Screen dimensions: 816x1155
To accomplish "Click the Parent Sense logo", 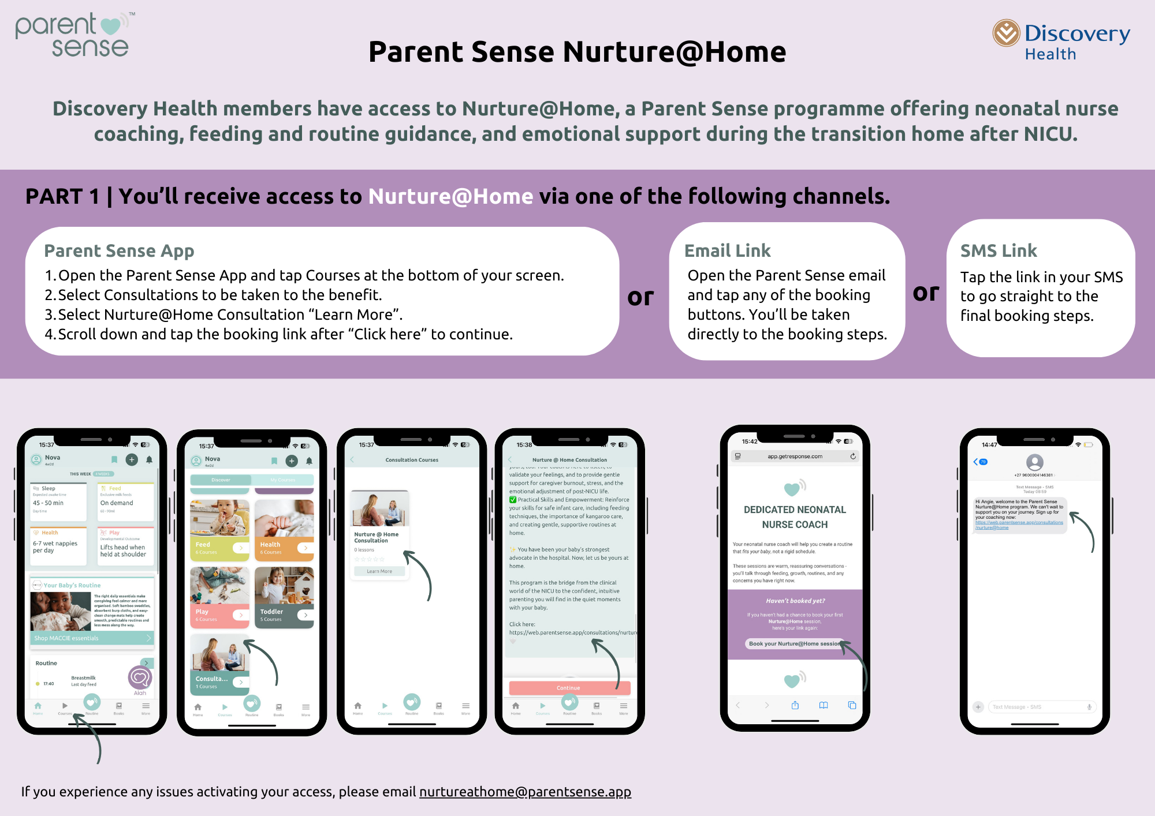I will [74, 35].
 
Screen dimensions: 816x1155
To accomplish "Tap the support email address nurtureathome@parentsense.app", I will [525, 792].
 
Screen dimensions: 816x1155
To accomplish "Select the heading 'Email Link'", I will [727, 250].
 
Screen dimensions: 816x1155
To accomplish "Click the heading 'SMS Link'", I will [998, 250].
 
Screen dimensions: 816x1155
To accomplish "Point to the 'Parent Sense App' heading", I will [119, 250].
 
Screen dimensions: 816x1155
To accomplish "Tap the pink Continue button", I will [568, 688].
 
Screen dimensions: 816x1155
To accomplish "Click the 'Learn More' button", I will [379, 571].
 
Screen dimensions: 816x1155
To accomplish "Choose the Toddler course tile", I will [284, 597].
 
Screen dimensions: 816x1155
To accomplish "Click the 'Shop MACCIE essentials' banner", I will [92, 638].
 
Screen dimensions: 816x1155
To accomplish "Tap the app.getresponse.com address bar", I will [795, 456].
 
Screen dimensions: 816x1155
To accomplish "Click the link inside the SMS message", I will [1019, 525].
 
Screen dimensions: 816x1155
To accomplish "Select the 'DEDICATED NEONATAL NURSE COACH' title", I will [795, 517].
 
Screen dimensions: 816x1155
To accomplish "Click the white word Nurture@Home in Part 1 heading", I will [450, 197].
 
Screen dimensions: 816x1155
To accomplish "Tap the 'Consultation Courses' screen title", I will [412, 460].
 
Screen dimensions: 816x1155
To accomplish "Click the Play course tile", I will [219, 597].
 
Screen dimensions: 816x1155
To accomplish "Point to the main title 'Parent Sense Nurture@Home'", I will [577, 52].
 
